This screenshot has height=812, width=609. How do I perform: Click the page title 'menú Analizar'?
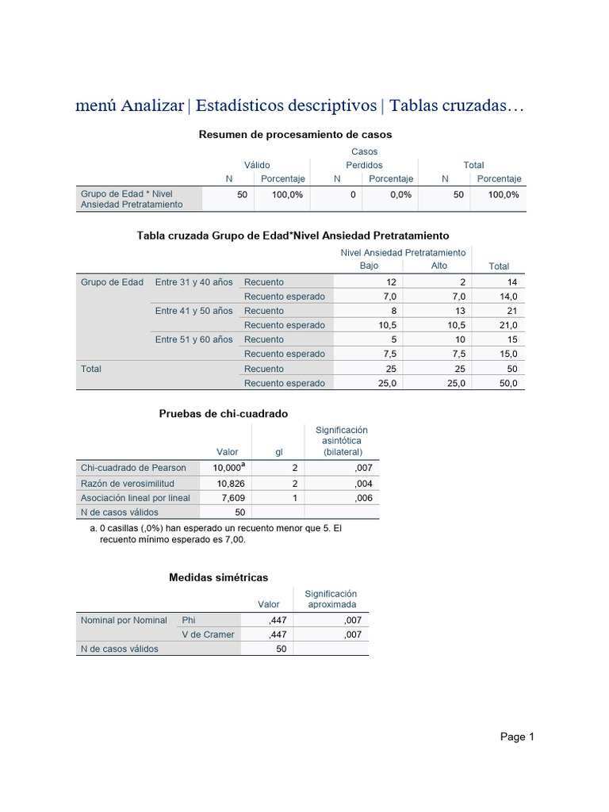(x=129, y=105)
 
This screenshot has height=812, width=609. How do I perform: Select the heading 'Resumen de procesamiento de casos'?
(x=295, y=135)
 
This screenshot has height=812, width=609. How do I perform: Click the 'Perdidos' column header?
(x=364, y=165)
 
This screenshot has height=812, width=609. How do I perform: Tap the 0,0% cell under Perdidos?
(x=401, y=194)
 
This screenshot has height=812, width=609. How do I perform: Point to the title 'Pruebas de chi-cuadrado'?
(x=224, y=414)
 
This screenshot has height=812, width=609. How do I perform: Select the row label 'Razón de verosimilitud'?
(x=128, y=484)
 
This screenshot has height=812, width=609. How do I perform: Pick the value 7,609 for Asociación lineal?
(x=230, y=498)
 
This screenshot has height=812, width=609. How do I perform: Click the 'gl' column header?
(x=279, y=452)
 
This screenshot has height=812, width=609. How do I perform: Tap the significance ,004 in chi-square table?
(x=362, y=484)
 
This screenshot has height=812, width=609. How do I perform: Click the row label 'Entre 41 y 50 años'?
(x=193, y=311)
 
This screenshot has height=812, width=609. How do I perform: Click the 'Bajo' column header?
(x=370, y=266)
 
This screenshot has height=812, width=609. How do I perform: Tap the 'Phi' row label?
(x=189, y=620)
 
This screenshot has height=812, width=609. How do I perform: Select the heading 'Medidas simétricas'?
(x=219, y=577)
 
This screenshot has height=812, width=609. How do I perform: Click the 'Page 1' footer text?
(x=517, y=737)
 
